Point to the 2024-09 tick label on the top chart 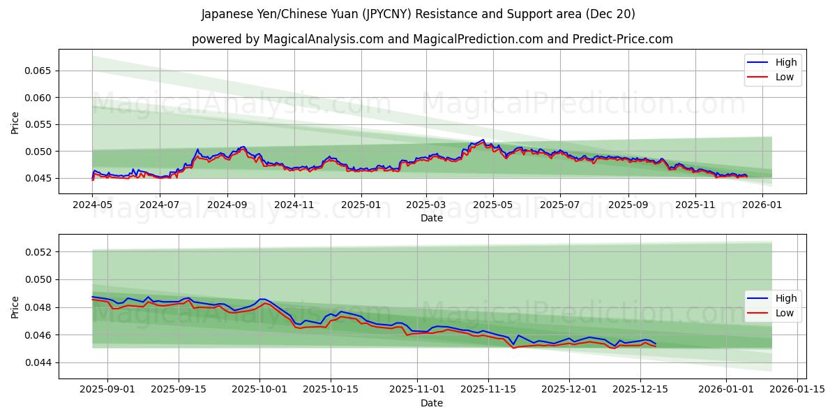pos(227,205)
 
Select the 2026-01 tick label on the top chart pos(762,205)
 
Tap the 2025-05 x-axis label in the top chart pos(493,205)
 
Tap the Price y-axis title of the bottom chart pos(15,307)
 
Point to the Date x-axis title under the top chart pos(432,219)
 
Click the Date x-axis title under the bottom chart pos(432,403)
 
